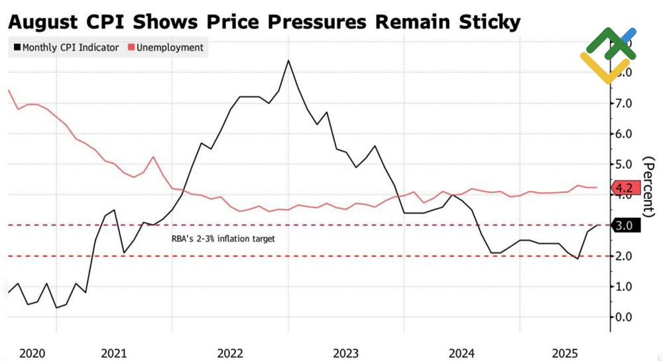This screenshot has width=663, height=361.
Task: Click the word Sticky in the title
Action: coord(483,22)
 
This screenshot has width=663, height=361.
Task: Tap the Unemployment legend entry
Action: coord(168,48)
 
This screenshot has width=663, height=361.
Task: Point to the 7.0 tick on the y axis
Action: coord(628,103)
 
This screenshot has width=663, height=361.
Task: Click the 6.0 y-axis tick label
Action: coord(628,134)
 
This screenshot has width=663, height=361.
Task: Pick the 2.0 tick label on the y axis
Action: coord(628,256)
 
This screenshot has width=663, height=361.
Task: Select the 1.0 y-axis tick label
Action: coord(628,287)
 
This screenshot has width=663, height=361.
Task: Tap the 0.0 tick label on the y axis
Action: coord(628,317)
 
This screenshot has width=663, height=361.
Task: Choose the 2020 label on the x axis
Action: coord(31,354)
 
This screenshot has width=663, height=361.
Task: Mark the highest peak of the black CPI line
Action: coord(288,61)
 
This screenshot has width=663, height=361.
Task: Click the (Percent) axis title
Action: coord(650,186)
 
